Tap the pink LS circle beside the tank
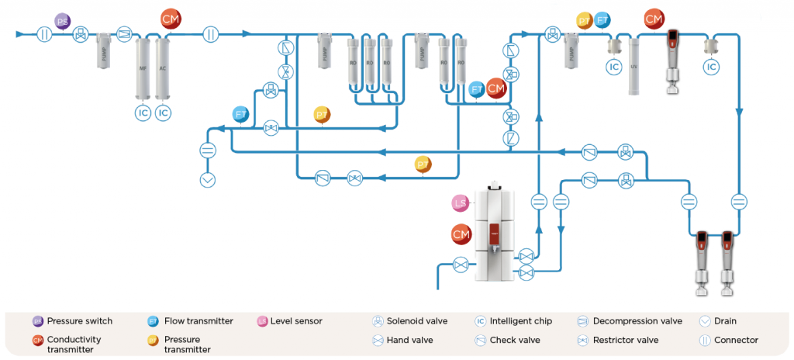pyautogui.click(x=461, y=203)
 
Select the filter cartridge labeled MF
pyautogui.click(x=143, y=70)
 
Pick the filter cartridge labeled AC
pyautogui.click(x=163, y=70)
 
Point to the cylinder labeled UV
pyautogui.click(x=633, y=68)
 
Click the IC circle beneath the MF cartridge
pyautogui.click(x=143, y=113)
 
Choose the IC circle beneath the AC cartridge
pyautogui.click(x=163, y=113)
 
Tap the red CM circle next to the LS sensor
pyautogui.click(x=461, y=234)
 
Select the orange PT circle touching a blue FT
pyautogui.click(x=585, y=20)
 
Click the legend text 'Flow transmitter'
pyautogui.click(x=199, y=321)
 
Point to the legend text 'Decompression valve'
pyautogui.click(x=637, y=321)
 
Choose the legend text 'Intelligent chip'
pyautogui.click(x=521, y=321)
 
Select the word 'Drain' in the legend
pyautogui.click(x=726, y=321)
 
